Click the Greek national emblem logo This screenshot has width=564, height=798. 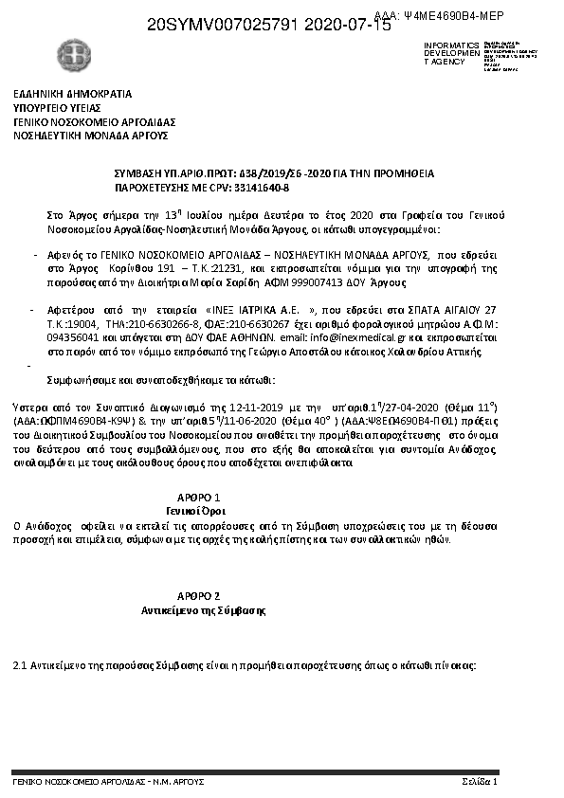69,54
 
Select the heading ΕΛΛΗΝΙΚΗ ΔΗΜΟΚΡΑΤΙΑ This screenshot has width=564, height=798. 72,95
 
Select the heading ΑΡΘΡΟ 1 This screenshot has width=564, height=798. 200,498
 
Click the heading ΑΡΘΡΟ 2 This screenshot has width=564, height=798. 200,595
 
